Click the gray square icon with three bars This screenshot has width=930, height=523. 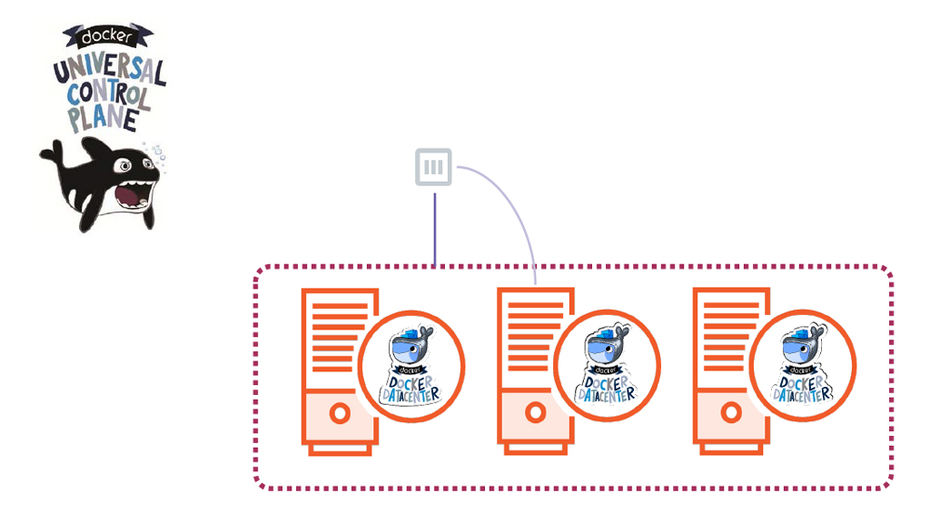[434, 167]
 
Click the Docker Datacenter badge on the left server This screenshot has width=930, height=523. [411, 364]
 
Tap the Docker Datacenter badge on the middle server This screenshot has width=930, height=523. [608, 364]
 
